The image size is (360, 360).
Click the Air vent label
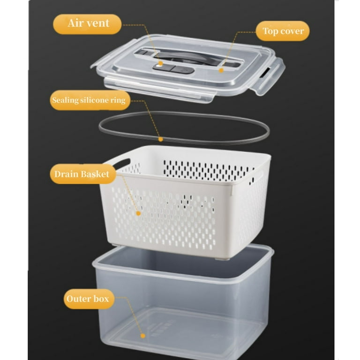[x=87, y=24]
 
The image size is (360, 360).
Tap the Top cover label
[x=283, y=31]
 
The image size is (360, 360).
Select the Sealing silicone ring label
[x=90, y=100]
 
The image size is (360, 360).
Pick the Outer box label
[x=89, y=299]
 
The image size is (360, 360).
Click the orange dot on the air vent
[x=161, y=63]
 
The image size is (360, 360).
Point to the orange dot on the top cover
[x=221, y=70]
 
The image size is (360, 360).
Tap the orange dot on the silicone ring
[x=161, y=139]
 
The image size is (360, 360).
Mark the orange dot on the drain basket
[x=138, y=214]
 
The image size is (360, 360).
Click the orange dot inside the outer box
[x=143, y=336]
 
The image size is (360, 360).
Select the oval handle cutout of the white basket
[x=121, y=164]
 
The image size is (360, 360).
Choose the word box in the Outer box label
[x=101, y=299]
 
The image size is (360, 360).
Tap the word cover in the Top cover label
[x=292, y=31]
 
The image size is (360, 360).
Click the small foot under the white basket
[x=222, y=259]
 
